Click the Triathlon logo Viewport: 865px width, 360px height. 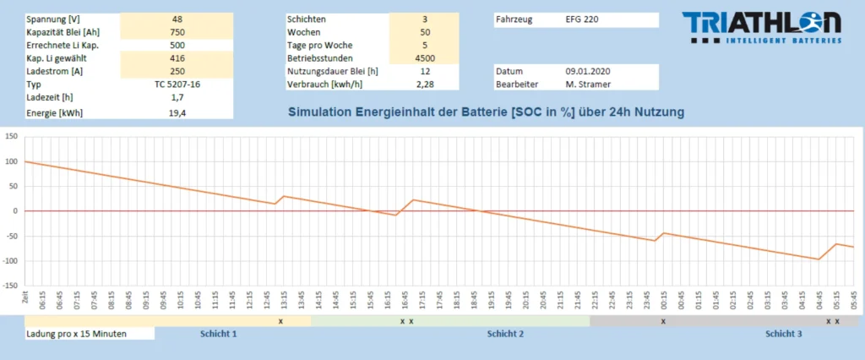point(761,27)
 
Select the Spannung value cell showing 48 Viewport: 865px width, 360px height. point(177,19)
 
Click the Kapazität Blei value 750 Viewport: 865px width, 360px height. point(177,32)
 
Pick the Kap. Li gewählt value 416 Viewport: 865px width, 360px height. point(177,58)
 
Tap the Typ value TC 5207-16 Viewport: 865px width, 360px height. point(177,85)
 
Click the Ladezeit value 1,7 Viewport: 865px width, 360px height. point(177,98)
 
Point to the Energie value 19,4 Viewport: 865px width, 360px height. point(177,112)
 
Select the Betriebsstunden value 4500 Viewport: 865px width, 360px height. point(425,58)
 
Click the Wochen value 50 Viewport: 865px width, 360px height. point(425,32)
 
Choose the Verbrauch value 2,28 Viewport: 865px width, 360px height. point(425,85)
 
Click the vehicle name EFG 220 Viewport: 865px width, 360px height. point(581,19)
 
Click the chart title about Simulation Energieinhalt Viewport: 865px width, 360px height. point(486,112)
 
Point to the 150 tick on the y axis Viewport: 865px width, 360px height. point(12,136)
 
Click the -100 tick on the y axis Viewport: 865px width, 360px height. point(10,261)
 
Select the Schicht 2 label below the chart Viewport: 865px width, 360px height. point(505,334)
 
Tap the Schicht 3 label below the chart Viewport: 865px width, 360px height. point(784,334)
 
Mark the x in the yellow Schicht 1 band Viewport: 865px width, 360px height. point(280,321)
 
